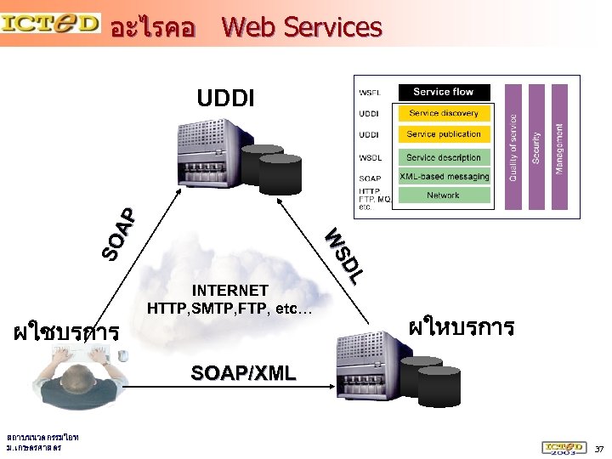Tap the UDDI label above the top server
point(224,99)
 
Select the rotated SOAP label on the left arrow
point(118,233)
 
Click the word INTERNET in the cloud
point(229,291)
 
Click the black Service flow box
point(443,92)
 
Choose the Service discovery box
point(443,113)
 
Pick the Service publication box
point(443,134)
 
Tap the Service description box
point(443,157)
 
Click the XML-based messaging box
point(444,177)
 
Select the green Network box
point(443,195)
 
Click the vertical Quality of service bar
point(513,146)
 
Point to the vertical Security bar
point(536,146)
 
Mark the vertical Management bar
point(558,146)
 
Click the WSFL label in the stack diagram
point(370,93)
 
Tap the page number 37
point(598,448)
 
